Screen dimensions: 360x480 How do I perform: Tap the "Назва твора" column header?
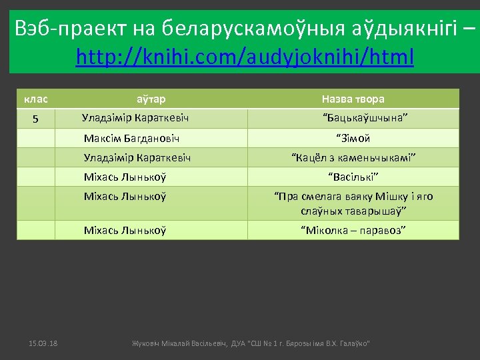coord(353,99)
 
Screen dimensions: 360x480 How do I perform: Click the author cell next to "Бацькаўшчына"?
coord(135,118)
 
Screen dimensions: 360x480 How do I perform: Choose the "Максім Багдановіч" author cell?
coord(131,139)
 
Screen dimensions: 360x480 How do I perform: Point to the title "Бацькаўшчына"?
coord(365,118)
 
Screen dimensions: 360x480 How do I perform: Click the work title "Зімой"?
coord(353,139)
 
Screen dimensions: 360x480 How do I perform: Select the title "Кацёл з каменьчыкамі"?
coord(353,158)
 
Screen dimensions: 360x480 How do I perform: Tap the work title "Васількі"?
coord(353,177)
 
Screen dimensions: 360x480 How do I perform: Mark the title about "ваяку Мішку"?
coord(353,203)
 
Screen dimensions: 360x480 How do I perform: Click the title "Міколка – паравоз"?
coord(353,230)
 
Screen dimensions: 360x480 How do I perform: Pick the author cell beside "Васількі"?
coord(125,177)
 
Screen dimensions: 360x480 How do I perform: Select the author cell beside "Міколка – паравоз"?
coord(125,230)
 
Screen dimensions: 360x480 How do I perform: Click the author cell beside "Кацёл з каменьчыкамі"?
coord(137,158)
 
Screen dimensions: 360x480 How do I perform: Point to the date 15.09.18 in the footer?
coord(43,343)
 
